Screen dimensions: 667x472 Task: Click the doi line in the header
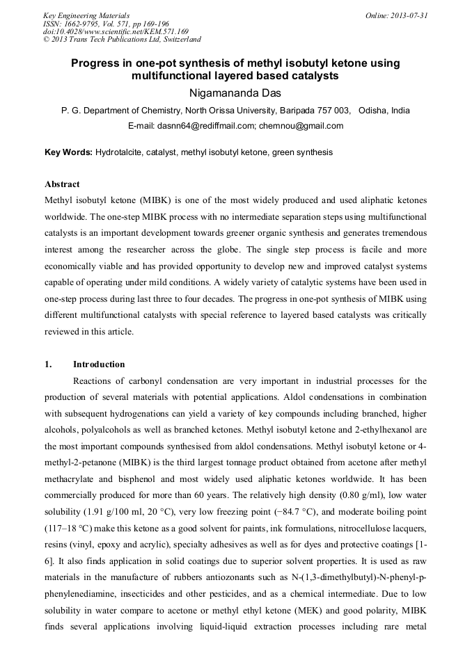click(x=115, y=31)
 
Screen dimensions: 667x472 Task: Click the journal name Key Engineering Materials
click(x=86, y=15)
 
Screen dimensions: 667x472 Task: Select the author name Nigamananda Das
click(x=235, y=93)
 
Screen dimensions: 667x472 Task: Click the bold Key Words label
click(x=68, y=152)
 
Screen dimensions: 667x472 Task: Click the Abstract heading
click(x=62, y=184)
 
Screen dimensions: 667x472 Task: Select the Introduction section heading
click(x=99, y=364)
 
